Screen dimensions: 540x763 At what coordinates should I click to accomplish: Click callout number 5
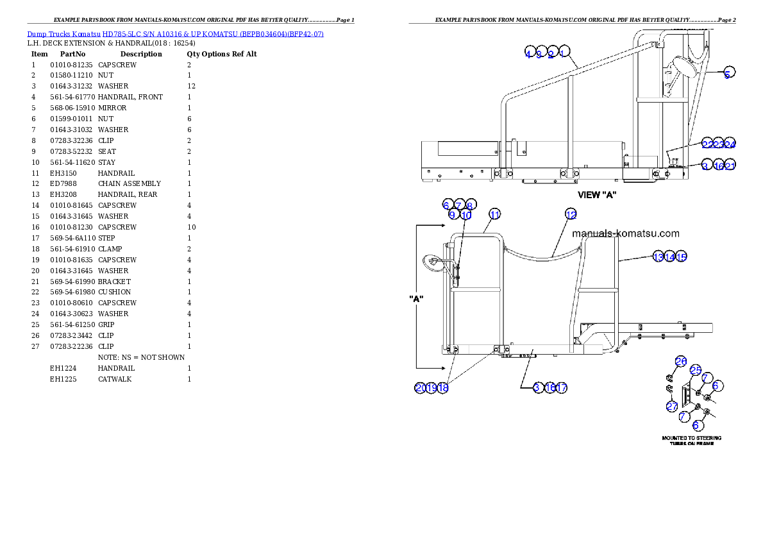tap(726, 73)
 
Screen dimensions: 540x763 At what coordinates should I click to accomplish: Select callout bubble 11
tap(494, 214)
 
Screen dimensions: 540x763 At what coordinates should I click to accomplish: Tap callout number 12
tap(571, 214)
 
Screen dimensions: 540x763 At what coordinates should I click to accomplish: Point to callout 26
tap(681, 362)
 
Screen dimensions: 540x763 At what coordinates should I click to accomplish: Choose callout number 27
tap(672, 406)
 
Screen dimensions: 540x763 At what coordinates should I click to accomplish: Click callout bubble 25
tap(696, 370)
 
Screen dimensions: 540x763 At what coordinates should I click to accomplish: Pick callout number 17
tap(562, 387)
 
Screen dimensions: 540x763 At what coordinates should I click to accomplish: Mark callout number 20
tap(421, 387)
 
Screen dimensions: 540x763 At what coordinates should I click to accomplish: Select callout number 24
tap(730, 143)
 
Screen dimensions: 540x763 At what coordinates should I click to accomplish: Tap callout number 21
tap(730, 165)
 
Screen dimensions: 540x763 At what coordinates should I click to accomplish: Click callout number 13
tap(658, 257)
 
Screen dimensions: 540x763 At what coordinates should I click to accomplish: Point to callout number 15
tap(681, 257)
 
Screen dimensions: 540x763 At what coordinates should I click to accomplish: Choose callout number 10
tap(466, 215)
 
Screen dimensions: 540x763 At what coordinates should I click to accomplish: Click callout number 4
tap(528, 54)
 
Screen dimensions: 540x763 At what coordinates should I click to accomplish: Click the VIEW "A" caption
tap(597, 195)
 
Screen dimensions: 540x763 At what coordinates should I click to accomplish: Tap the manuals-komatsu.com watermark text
tap(625, 234)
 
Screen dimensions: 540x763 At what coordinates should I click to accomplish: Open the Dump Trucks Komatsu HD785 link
tap(175, 33)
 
